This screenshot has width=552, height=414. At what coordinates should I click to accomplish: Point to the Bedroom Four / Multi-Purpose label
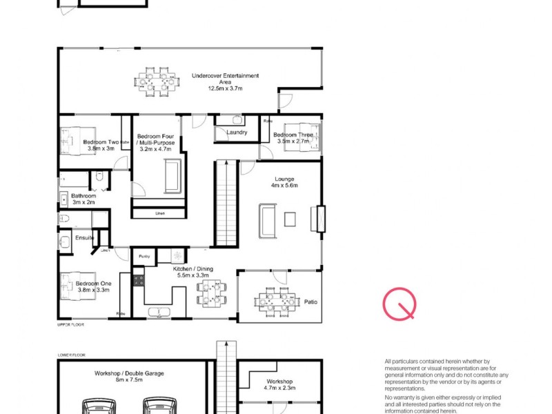(x=159, y=142)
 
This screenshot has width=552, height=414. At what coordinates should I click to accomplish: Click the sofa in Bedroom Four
(x=172, y=176)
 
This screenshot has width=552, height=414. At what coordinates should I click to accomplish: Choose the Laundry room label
(x=237, y=132)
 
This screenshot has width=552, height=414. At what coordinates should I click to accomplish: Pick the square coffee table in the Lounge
(x=290, y=219)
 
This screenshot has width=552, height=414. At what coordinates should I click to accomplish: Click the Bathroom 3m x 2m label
(x=84, y=199)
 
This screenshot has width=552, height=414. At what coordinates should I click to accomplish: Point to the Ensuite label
(x=85, y=238)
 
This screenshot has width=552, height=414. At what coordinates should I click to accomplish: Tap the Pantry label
(x=144, y=256)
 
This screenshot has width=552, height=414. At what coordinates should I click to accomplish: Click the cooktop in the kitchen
(x=137, y=280)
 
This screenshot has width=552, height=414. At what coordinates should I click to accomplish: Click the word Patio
(x=310, y=302)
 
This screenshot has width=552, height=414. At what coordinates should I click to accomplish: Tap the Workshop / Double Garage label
(x=128, y=375)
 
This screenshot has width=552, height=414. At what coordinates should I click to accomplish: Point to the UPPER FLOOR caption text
(x=70, y=323)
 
